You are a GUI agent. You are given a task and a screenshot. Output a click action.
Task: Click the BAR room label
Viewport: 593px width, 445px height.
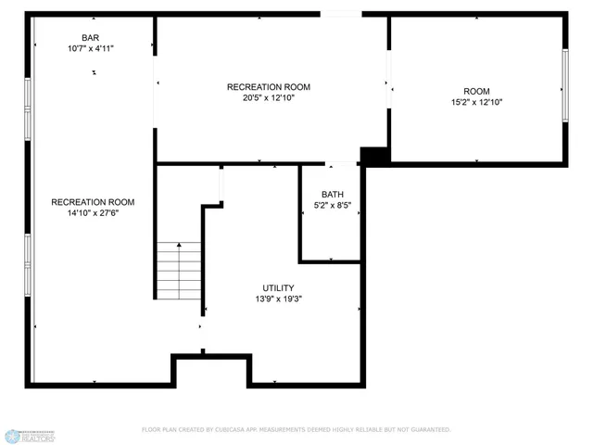pos(90,38)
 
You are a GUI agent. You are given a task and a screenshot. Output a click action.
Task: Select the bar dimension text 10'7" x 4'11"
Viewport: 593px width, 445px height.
pos(90,48)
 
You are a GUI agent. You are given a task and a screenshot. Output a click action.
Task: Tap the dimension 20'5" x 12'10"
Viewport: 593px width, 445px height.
pos(268,97)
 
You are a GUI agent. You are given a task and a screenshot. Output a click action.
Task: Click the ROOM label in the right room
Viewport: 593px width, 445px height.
pos(476,91)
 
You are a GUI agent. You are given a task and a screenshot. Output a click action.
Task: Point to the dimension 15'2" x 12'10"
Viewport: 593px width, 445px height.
pos(476,103)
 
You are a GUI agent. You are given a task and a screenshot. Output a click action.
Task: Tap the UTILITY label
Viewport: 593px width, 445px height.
pos(279,288)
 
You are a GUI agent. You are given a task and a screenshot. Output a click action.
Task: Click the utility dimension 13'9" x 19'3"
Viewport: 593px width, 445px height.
pos(279,299)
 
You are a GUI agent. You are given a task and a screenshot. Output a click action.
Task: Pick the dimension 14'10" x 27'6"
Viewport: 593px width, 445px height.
pos(93,213)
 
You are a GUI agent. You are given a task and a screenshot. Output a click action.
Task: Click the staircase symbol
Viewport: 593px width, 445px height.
pos(179,270)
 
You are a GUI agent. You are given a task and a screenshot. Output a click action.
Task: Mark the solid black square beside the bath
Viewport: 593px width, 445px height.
pos(373,157)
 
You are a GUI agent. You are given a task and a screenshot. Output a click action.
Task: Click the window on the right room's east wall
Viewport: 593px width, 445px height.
pos(564,84)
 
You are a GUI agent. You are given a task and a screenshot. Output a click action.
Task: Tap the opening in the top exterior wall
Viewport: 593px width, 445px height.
pos(341,14)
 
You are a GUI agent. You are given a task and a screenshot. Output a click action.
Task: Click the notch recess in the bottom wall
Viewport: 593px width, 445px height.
pos(212,371)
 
